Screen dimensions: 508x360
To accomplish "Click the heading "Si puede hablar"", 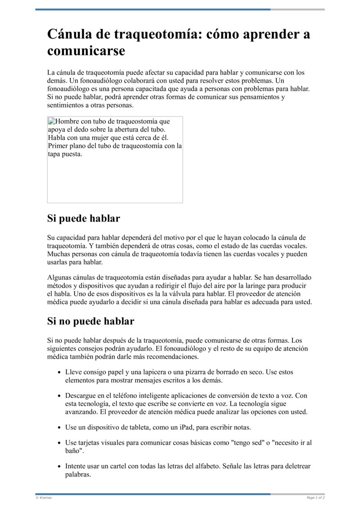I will click(83, 219).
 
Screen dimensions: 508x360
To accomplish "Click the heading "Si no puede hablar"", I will click(90, 321).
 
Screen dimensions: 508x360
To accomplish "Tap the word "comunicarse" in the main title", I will click(86, 51).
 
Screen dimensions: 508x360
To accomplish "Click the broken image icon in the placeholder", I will click(51, 121).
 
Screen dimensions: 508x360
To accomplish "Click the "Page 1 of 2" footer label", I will click(315, 498).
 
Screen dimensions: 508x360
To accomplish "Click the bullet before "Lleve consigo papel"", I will click(60, 373).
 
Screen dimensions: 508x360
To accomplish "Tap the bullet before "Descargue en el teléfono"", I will click(60, 396).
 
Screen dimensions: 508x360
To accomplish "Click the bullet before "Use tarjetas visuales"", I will click(60, 443).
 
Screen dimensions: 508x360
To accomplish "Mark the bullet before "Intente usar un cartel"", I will click(60, 466).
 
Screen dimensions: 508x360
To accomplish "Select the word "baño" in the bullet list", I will click(74, 450).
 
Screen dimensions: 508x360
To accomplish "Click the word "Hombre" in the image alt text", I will click(67, 121).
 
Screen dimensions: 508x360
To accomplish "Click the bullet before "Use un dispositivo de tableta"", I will click(60, 427).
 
